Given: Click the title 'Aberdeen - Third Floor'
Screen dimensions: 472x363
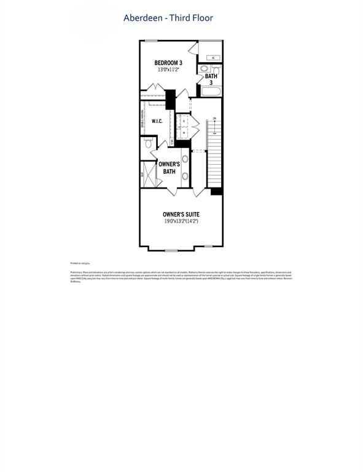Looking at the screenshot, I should pos(168,18).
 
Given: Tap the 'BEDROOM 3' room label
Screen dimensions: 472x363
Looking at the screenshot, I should pos(168,63).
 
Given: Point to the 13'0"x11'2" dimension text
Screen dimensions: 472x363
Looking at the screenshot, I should pos(168,70).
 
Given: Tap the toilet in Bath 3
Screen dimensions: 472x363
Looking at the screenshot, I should pos(216,69).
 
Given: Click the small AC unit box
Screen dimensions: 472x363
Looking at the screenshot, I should pos(212,58).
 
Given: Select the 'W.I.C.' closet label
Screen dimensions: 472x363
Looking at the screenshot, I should pos(157,121).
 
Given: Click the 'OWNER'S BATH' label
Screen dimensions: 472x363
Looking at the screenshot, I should pos(169,168).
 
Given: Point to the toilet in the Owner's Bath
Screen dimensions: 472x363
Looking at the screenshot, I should pos(148,144).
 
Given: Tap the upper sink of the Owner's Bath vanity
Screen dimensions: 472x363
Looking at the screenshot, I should pos(185,158).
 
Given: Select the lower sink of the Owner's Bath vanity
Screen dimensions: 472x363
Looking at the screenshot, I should pos(185,176).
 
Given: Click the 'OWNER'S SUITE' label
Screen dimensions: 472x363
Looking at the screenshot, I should pos(180,214).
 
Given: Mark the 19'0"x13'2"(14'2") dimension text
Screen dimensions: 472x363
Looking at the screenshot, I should pos(180,221).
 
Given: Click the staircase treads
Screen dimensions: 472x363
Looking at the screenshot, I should pos(215,160).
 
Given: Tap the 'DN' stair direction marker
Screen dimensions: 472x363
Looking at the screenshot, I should pos(214,118).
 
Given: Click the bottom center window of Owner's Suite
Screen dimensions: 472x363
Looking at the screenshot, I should pos(171,249).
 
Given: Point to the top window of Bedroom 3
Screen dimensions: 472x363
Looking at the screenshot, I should pos(151,41).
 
